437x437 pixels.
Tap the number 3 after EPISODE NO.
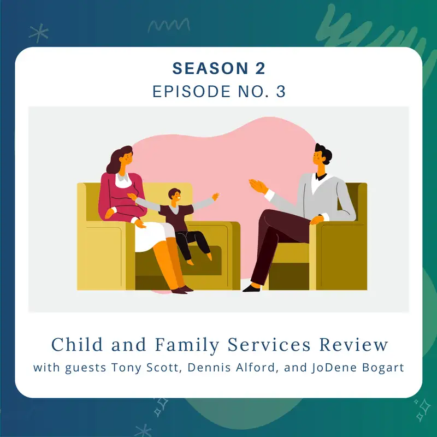point(281,91)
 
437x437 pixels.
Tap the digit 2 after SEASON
point(259,68)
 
